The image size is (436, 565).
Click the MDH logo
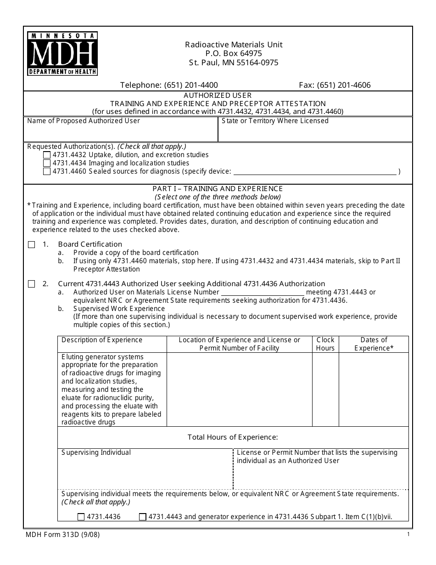(x=62, y=54)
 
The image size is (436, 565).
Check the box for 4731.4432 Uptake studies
(x=47, y=155)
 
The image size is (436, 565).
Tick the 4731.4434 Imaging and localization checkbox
(x=47, y=164)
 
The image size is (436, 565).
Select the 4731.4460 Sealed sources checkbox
(x=47, y=172)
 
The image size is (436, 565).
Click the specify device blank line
(x=315, y=172)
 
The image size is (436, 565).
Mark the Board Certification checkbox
(x=31, y=245)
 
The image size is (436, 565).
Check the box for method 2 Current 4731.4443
(x=31, y=284)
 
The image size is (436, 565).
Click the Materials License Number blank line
(x=263, y=293)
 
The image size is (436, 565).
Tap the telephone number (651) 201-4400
(x=169, y=85)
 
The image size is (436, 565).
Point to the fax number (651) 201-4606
(x=335, y=85)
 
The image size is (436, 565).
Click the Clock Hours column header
(x=325, y=344)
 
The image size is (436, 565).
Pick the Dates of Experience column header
(x=374, y=344)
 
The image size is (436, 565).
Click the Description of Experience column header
(x=102, y=340)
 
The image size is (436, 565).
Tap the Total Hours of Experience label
(x=233, y=437)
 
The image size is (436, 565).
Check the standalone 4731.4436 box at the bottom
(x=81, y=517)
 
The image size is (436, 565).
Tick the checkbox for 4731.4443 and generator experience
(x=143, y=517)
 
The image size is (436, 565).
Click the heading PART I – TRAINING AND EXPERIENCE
(x=218, y=189)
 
